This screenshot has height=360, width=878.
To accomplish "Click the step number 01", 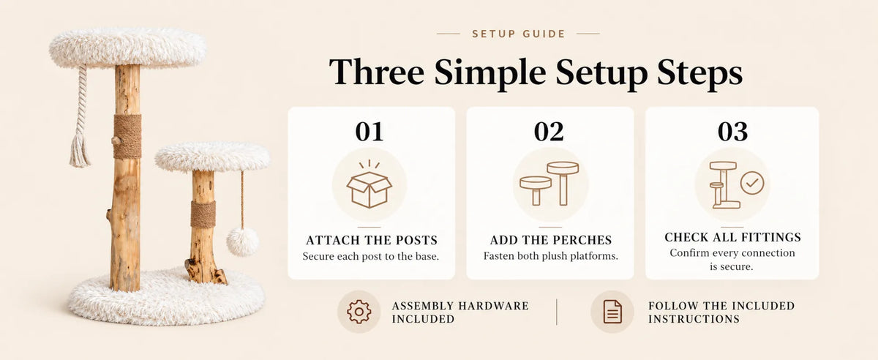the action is pos(369,132).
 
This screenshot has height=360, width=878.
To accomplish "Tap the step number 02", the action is pos(549,132).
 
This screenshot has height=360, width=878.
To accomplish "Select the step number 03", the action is pos(732,132).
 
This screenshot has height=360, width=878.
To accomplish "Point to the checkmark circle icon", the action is pos(752,183).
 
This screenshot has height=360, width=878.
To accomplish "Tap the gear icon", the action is pos(359,312).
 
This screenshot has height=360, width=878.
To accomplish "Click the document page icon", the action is pos(612,312).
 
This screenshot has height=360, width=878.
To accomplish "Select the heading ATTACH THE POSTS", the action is pos(372,240).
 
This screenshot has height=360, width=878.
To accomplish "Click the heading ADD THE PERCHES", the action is pos(551,240).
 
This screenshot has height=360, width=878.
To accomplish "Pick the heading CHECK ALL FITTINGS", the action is pos(732,237).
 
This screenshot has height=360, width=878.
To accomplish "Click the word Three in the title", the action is pos(376,72).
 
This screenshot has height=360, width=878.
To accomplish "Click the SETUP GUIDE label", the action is pos(519,34).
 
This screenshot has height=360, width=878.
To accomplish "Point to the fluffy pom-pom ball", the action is pos(243,241).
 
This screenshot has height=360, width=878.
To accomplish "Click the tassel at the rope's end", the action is pos(80,151).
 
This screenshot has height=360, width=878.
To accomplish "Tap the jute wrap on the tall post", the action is pos(127,136).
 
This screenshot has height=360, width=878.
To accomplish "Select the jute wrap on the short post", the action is pos(203,214).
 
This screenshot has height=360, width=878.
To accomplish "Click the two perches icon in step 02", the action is pos(549,184).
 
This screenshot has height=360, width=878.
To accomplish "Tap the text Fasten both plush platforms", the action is pos(551,256).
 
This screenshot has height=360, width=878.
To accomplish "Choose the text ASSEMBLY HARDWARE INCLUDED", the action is pos(460,312).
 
